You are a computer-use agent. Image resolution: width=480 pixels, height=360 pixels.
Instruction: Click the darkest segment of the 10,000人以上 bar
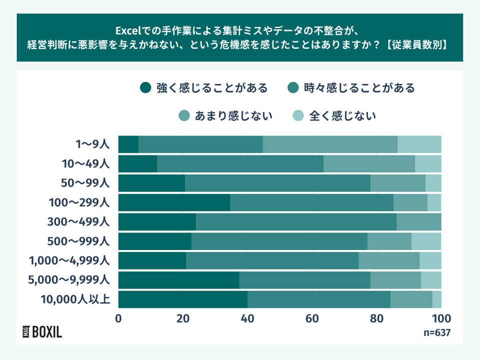[x=183, y=299]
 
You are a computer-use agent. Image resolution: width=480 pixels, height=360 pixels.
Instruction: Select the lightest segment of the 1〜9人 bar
[x=419, y=144]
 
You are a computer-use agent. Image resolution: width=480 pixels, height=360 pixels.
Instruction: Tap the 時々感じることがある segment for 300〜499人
[x=296, y=221]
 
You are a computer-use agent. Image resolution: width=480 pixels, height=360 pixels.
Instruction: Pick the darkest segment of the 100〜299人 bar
[x=174, y=202]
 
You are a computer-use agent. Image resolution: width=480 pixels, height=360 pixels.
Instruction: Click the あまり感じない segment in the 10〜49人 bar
[x=369, y=163]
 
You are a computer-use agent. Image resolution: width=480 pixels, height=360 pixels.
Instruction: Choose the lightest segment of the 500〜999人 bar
[x=426, y=241]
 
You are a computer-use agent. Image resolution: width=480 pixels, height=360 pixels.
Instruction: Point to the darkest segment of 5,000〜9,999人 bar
[x=178, y=280]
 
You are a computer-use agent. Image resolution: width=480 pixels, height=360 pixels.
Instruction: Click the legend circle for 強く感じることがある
[x=145, y=88]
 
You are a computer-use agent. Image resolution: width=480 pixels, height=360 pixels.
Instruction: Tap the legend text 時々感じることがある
[x=359, y=88]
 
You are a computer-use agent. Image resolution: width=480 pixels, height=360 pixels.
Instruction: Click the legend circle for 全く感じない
[x=297, y=116]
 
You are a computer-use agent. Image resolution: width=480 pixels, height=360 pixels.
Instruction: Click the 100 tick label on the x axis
[x=440, y=318]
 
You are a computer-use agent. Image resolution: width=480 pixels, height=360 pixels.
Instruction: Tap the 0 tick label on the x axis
[x=118, y=318]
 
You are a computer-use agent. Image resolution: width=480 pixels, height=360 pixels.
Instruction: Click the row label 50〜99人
[x=83, y=183]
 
